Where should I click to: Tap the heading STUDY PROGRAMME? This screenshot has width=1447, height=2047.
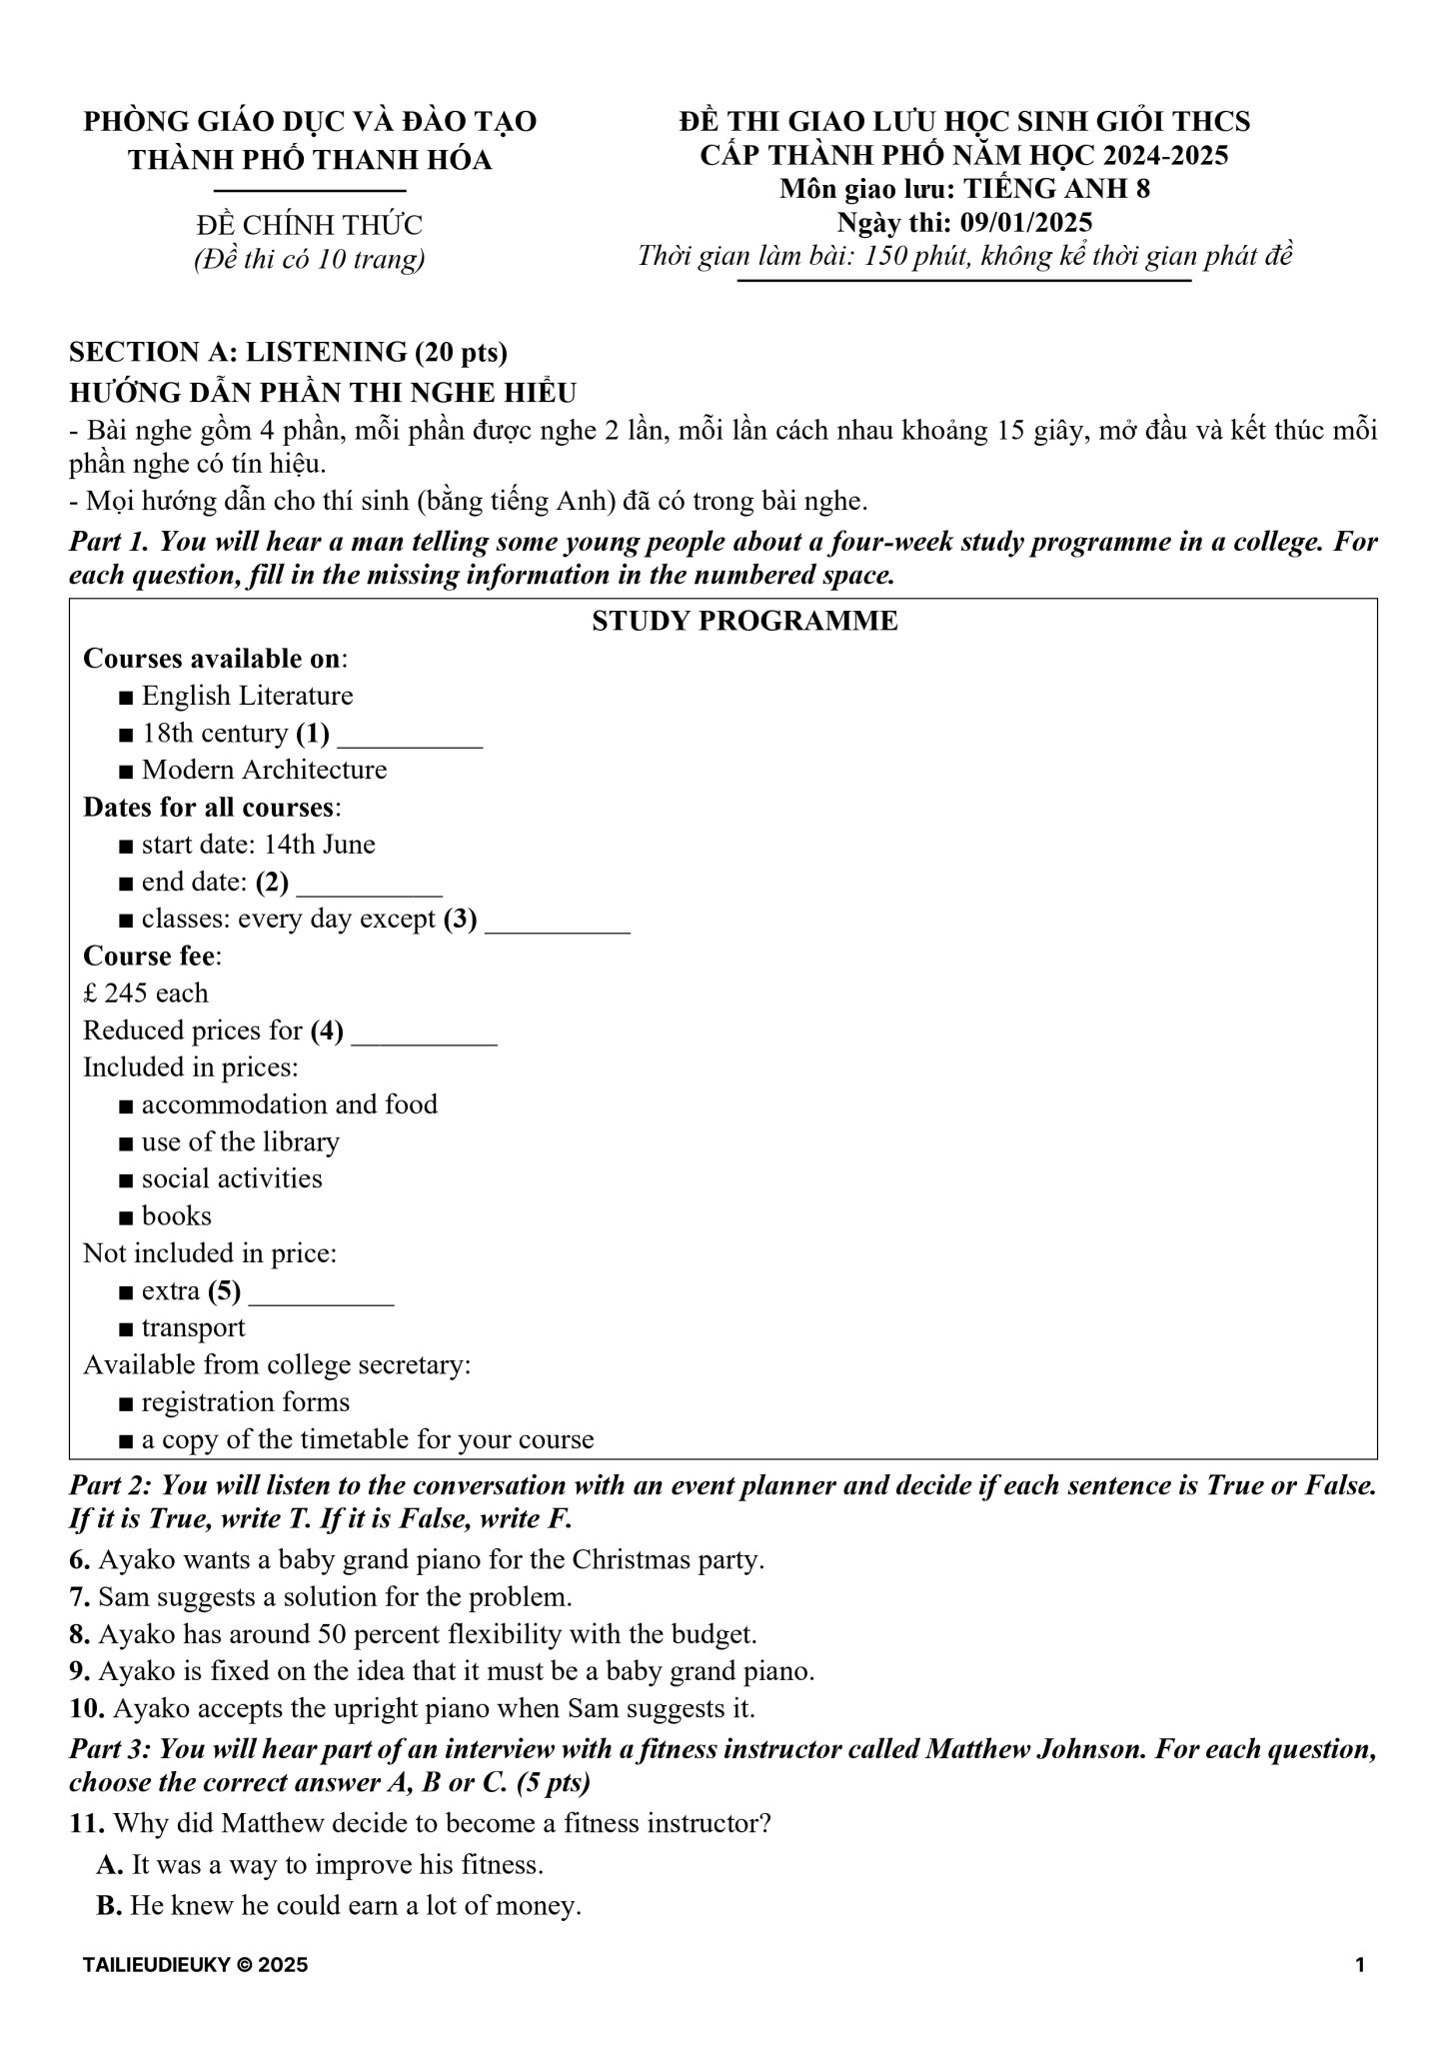point(744,621)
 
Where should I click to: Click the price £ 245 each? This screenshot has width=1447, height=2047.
point(146,994)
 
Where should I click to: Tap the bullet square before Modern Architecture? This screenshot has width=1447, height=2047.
point(125,772)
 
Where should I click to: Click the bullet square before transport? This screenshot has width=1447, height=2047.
point(125,1329)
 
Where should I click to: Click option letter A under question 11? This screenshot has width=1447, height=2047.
point(109,1865)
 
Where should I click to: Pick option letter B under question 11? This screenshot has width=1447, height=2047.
point(109,1906)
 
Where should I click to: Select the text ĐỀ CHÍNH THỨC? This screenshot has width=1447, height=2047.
point(310,225)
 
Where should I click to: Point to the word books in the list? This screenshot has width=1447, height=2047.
point(177,1216)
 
